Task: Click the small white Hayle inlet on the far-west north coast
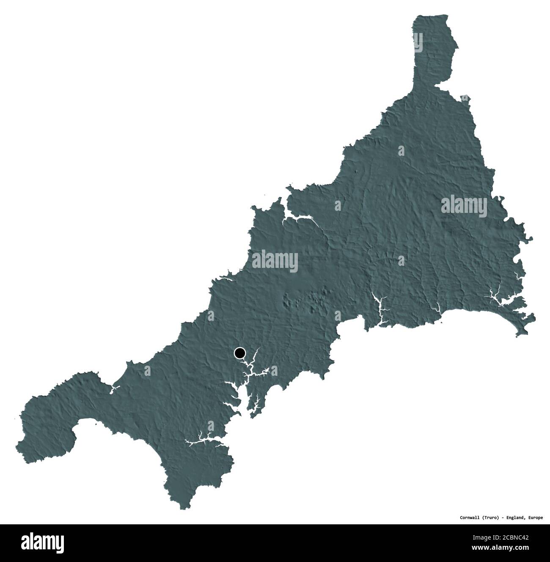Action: [113, 388]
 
